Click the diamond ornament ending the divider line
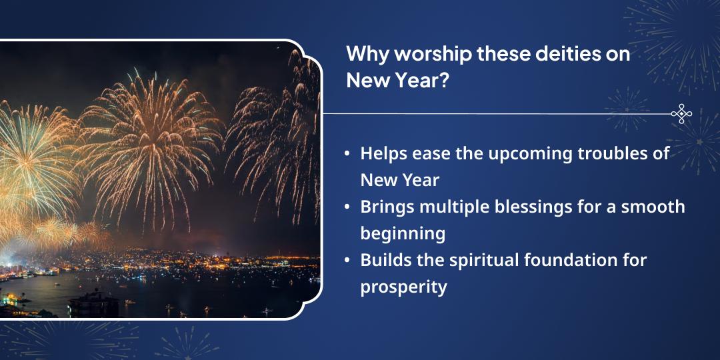[x=681, y=114]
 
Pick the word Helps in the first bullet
[x=383, y=153]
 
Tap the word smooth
[x=653, y=207]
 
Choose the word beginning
[x=403, y=234]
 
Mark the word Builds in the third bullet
[x=383, y=260]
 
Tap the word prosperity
[x=403, y=287]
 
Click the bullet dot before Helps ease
[x=347, y=154]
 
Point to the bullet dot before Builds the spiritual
[x=347, y=261]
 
